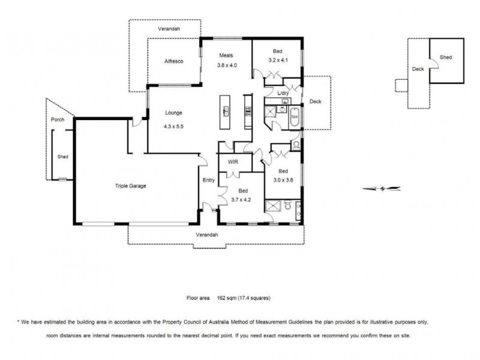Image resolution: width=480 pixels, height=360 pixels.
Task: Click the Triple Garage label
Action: [x=130, y=186]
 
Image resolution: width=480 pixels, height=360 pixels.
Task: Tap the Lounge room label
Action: [x=173, y=113]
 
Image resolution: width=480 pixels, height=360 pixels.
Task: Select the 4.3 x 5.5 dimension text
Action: [x=173, y=126]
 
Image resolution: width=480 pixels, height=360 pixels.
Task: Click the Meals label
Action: [x=226, y=55]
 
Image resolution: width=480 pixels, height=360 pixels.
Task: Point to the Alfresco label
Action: [x=174, y=61]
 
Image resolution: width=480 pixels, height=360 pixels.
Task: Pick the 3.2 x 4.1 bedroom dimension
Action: [x=278, y=61]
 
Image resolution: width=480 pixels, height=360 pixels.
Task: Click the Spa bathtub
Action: [x=295, y=116]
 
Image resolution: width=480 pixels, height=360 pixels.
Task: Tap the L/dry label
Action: [x=283, y=93]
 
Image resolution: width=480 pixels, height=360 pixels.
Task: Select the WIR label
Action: [x=233, y=162]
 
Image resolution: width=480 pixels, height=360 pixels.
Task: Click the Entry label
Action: [x=209, y=180]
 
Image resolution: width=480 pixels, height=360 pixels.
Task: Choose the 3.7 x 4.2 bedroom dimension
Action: [x=241, y=200]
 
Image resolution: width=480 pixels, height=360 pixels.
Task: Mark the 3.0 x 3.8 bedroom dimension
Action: [x=283, y=180]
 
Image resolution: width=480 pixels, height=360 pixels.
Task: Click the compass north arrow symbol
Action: [x=382, y=188]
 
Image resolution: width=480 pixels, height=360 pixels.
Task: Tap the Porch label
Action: [x=58, y=119]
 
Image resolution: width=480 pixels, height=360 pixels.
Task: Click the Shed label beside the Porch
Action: [x=63, y=157]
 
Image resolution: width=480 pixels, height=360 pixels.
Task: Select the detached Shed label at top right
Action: [x=446, y=57]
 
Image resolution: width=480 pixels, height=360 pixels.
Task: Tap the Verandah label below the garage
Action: [x=207, y=235]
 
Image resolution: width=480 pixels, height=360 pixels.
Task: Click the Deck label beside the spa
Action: [x=316, y=101]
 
